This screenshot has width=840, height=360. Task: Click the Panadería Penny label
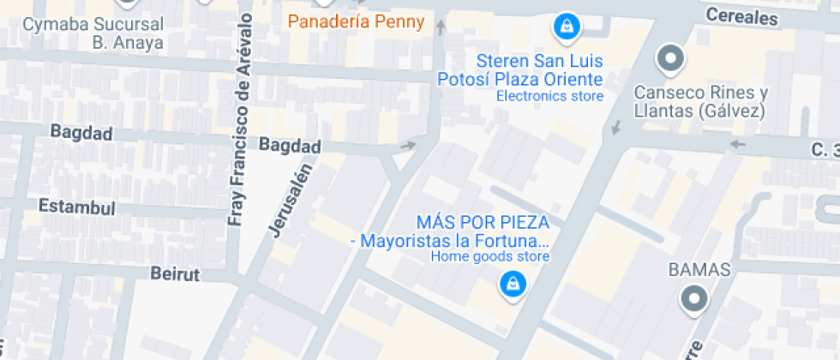356,21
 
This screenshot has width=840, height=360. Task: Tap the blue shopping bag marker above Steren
566,27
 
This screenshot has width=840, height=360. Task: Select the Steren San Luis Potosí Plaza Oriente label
521,70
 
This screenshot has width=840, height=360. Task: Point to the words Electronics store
549,96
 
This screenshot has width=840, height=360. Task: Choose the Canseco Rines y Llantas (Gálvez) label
700,102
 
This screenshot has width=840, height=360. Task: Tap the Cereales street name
742,16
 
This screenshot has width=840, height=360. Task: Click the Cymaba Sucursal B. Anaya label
93,33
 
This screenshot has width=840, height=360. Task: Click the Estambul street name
76,207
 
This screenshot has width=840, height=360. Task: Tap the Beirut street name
174,274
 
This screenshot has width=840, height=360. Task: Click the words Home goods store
489,256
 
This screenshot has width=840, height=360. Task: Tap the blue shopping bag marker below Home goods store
512,285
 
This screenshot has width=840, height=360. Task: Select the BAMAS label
699,270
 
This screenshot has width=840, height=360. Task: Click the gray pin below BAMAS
693,300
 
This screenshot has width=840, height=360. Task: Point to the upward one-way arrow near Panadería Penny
441,27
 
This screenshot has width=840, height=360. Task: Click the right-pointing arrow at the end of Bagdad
408,145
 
